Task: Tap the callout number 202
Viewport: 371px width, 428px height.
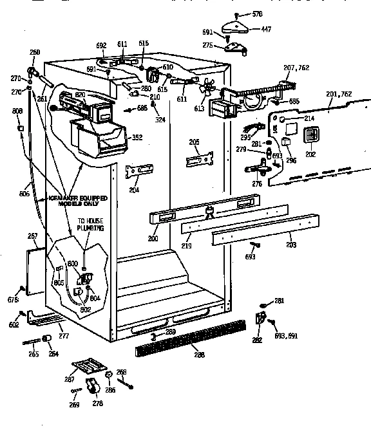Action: tap(310, 154)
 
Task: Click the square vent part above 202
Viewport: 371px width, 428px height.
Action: tap(311, 136)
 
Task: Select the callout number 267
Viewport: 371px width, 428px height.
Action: tap(33, 236)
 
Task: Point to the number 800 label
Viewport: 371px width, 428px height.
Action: tap(72, 263)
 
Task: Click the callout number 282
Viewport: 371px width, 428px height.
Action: tap(257, 340)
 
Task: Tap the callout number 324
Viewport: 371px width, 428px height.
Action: tap(158, 120)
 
